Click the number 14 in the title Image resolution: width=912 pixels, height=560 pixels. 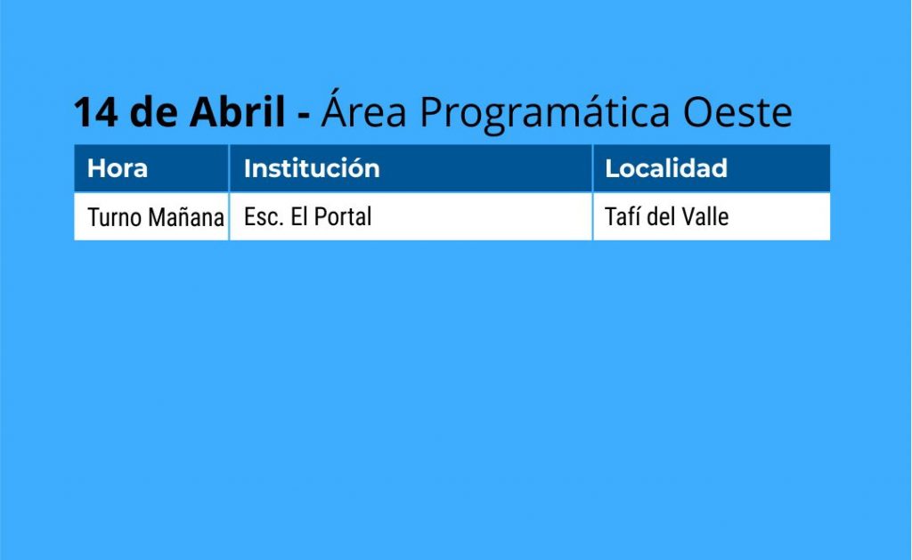tap(96, 111)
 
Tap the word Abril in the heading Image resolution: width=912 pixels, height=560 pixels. tap(237, 110)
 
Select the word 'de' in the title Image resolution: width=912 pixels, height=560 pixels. tap(153, 110)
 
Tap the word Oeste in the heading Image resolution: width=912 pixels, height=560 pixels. tap(737, 111)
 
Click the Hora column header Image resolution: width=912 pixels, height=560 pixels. tap(118, 168)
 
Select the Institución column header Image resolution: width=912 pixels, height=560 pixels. tap(312, 168)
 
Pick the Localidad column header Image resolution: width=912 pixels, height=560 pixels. tap(666, 168)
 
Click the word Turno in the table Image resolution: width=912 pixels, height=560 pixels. tap(115, 217)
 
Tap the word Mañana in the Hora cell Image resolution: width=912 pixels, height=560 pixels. tap(186, 217)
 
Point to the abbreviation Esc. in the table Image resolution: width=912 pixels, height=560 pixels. tap(264, 217)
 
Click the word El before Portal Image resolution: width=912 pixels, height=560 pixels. tap(299, 217)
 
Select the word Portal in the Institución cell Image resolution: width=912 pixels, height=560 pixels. tap(343, 217)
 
